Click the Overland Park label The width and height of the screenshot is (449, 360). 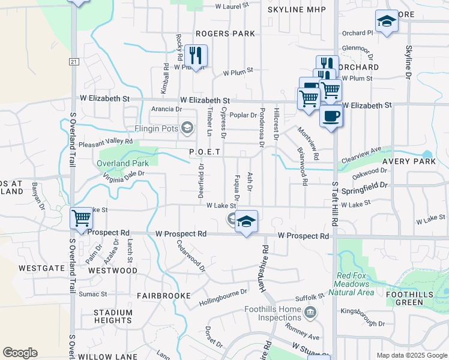[122, 163]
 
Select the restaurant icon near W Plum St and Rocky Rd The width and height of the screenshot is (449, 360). [196, 56]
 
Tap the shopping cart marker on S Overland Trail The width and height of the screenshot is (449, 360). [81, 218]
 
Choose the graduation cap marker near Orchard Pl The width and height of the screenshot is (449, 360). [387, 22]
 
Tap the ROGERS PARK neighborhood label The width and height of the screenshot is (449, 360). [225, 34]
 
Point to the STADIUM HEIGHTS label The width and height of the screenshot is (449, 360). [113, 316]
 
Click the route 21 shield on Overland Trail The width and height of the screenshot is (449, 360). [74, 62]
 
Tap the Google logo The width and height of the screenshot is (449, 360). [20, 352]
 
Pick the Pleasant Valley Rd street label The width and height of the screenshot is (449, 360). [105, 142]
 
